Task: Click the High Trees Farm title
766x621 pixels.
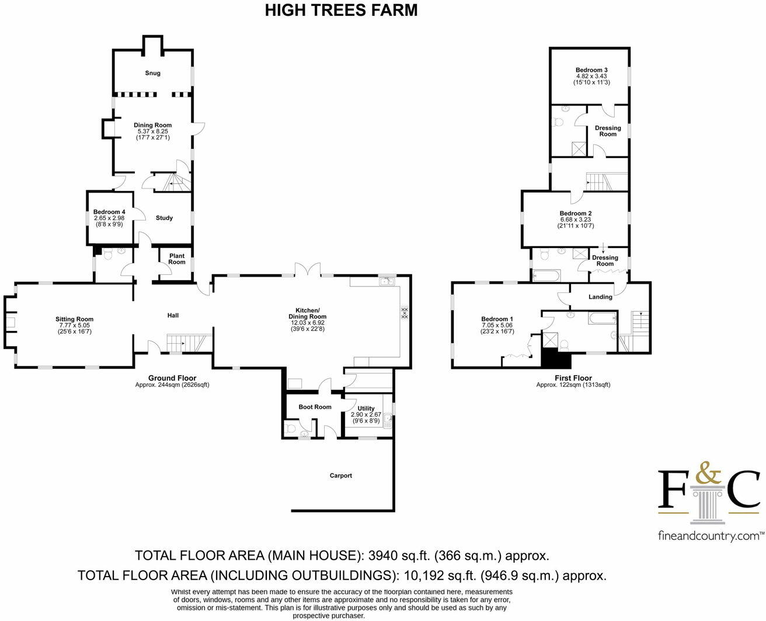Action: [341, 11]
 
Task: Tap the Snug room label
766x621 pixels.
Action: [152, 74]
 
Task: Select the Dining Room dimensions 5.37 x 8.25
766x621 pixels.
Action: [152, 132]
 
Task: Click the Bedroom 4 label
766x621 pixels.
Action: [109, 212]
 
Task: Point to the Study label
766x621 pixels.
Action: [164, 218]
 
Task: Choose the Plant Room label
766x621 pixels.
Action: [177, 259]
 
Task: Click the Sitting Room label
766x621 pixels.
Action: [74, 319]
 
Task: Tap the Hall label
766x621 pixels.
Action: [173, 316]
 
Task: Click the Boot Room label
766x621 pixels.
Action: [315, 407]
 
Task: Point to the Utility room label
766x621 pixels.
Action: [366, 409]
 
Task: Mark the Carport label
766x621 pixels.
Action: [341, 476]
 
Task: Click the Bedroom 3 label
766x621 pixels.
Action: [591, 70]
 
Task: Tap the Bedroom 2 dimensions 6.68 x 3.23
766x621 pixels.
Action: [575, 219]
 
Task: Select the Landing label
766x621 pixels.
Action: [600, 297]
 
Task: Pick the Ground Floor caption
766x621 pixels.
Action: [172, 378]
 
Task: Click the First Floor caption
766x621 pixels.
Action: [573, 378]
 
